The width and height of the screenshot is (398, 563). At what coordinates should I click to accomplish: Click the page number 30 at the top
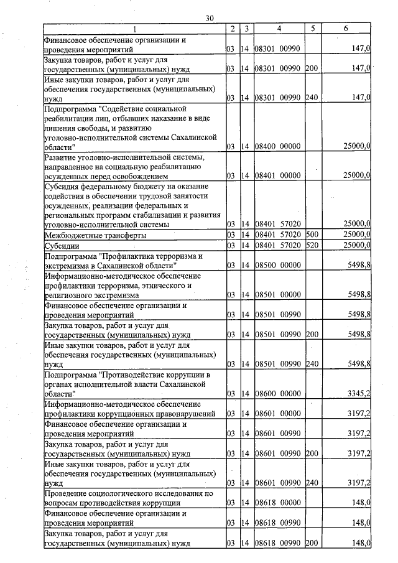(210, 20)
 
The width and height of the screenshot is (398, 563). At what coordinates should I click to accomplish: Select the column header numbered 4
(279, 29)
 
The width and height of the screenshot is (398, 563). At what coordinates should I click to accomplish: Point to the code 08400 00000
(277, 146)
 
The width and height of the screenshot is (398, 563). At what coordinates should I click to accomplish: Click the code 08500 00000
(277, 266)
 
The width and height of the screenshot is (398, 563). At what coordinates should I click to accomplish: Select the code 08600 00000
(277, 394)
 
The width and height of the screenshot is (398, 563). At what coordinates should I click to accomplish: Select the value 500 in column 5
(312, 236)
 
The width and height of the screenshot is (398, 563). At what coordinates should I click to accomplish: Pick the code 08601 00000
(277, 413)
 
